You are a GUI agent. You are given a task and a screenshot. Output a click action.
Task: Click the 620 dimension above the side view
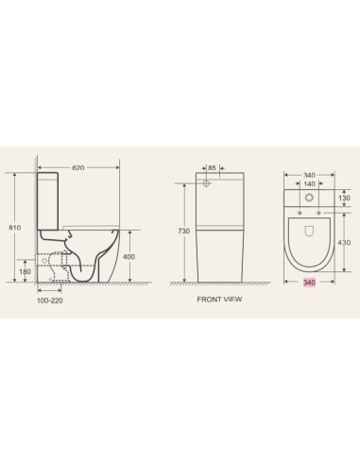tap(78, 167)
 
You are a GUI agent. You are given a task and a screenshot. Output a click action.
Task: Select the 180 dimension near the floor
tap(25, 272)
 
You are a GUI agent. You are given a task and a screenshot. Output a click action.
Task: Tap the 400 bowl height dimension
tap(129, 256)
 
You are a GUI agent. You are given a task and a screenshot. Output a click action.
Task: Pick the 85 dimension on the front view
tap(213, 168)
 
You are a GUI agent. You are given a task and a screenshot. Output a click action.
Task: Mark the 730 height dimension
tap(184, 231)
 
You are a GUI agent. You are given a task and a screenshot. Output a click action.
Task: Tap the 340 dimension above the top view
tap(309, 174)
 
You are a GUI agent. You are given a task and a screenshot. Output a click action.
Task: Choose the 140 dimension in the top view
tap(309, 184)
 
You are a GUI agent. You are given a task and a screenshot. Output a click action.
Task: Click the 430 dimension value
tap(344, 243)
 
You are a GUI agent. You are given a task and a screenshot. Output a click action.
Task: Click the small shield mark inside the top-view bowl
tap(310, 230)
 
